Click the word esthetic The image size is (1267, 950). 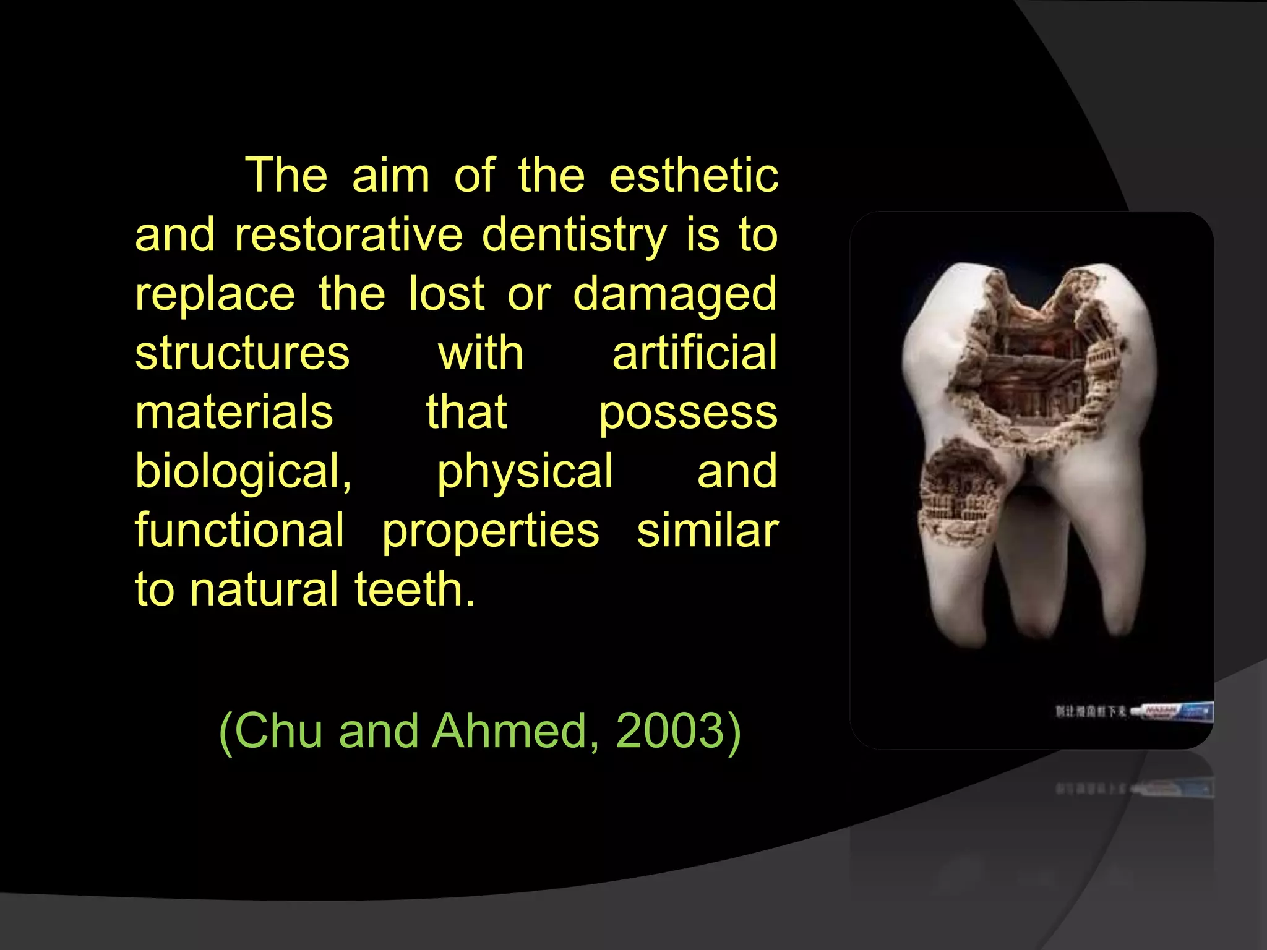point(694,176)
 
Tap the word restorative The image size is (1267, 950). point(348,235)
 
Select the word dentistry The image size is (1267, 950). point(574,235)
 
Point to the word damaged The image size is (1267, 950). point(674,294)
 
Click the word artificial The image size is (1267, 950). point(694,353)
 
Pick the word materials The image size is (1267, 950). point(234,412)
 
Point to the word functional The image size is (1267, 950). point(239,530)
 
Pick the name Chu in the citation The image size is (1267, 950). point(278,730)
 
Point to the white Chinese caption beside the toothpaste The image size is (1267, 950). point(1090,711)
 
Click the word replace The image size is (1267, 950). point(215,294)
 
